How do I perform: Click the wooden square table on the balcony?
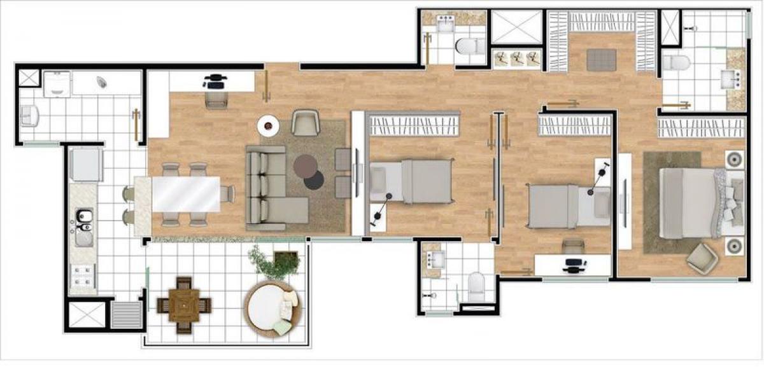(x=184, y=305)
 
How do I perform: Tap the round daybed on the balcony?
(x=271, y=308)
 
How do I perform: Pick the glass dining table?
(x=185, y=194)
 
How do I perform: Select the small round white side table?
(x=269, y=125)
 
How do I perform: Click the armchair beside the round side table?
(x=306, y=122)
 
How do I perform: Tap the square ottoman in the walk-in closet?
(x=601, y=60)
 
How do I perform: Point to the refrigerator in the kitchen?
(x=85, y=165)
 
